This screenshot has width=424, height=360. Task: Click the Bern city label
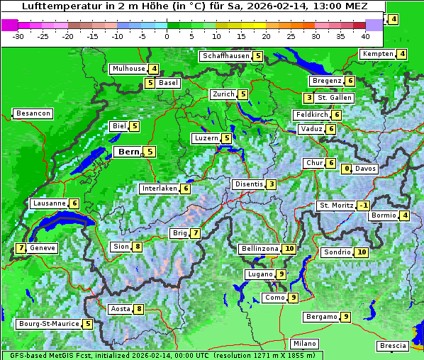pos(128,152)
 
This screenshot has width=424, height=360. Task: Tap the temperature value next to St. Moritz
pos(364,206)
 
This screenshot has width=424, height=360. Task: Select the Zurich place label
pos(223,94)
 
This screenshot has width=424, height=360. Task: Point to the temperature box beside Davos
pos(347,169)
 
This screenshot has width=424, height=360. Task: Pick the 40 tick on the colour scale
pos(365,35)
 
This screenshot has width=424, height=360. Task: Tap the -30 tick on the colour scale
pos(18,35)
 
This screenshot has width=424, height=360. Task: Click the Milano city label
pos(306,343)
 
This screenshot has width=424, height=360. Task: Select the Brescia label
pos(393,346)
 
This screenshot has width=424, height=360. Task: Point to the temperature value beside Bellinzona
pos(289,249)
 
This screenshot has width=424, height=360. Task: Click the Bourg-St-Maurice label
pos(48,324)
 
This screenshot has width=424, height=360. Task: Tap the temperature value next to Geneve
pos(21,248)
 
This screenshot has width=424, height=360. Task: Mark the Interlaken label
pos(159,189)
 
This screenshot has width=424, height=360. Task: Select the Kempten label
pos(377,54)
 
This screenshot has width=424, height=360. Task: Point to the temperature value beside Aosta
pos(139,308)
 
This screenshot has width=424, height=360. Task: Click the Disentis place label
pos(249,184)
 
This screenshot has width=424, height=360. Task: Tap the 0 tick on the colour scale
pos(167,35)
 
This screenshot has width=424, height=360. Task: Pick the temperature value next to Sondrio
pos(362,252)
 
